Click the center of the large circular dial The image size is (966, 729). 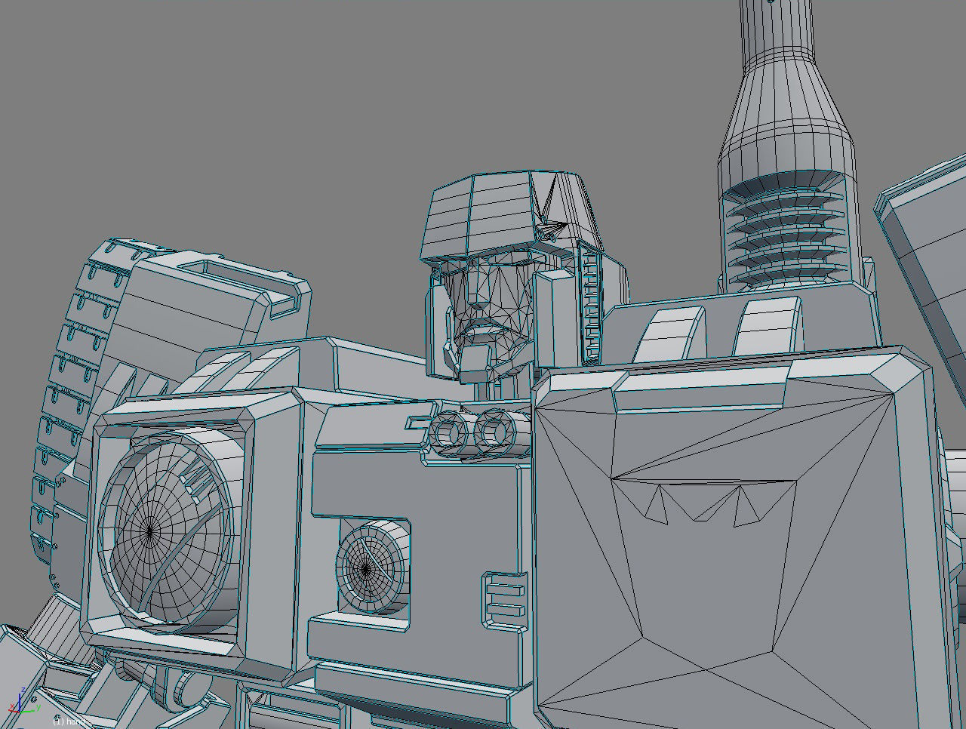click(x=149, y=531)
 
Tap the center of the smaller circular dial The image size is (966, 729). click(x=365, y=570)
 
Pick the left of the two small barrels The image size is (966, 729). click(x=450, y=433)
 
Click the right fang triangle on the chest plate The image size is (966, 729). click(x=746, y=506)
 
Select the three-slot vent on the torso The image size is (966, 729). click(x=503, y=599)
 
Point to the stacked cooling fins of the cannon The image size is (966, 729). click(x=785, y=234)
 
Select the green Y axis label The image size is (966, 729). click(x=38, y=708)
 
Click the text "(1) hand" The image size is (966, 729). click(x=69, y=721)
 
